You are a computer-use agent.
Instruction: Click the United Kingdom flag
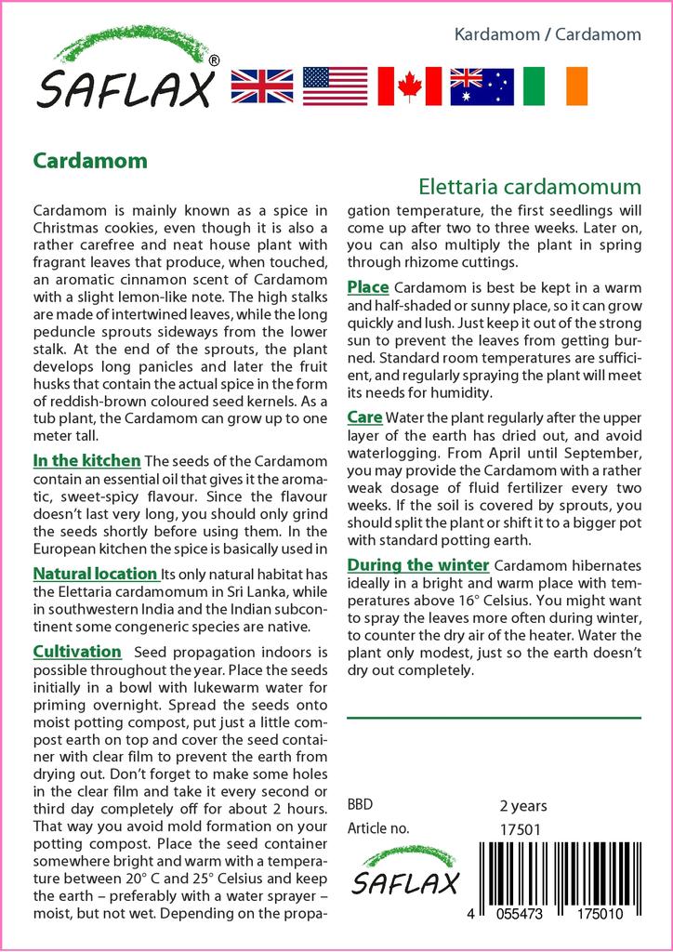[x=262, y=86]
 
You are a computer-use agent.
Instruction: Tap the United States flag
[x=335, y=86]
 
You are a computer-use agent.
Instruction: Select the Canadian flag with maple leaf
[x=408, y=86]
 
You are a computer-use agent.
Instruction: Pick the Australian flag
[x=482, y=86]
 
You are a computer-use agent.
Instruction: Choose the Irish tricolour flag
[x=555, y=86]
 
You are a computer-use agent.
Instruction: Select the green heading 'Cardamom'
[x=90, y=161]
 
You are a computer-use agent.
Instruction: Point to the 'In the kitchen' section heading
[x=86, y=460]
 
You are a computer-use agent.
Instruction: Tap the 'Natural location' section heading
[x=95, y=574]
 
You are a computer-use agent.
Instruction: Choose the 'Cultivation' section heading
[x=77, y=652]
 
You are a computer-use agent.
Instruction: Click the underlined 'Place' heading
[x=368, y=286]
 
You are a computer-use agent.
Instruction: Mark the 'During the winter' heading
[x=417, y=565]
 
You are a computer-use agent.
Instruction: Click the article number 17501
[x=521, y=829]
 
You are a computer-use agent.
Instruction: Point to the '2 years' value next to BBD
[x=523, y=805]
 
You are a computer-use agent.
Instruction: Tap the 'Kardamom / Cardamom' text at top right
[x=548, y=34]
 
